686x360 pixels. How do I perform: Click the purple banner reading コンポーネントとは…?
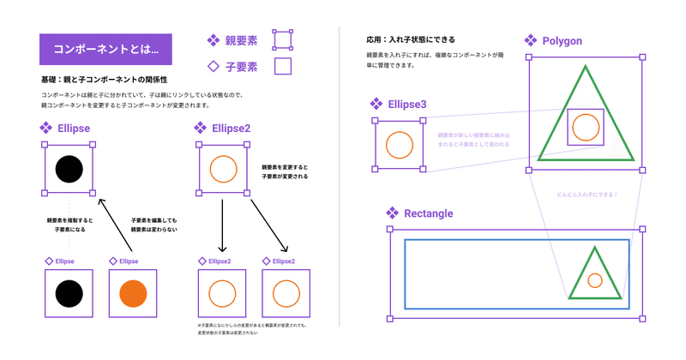[105, 50]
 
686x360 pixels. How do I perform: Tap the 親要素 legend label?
[241, 39]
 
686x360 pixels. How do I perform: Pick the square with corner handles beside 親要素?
[282, 39]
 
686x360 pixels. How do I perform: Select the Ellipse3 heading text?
[407, 105]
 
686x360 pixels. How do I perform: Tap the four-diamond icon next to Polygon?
[531, 40]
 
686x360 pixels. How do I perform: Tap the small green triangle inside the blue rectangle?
[593, 273]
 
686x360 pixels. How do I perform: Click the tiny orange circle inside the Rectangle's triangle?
[594, 279]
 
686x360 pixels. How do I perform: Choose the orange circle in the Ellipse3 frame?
[400, 144]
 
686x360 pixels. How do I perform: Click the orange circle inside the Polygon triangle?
[586, 127]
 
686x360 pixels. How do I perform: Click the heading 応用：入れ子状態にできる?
[410, 39]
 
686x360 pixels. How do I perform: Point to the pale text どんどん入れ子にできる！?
[587, 194]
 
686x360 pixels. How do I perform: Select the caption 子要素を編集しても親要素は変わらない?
[153, 225]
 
